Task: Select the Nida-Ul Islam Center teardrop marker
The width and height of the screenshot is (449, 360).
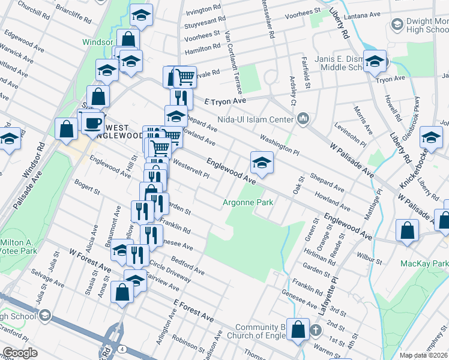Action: click(303, 119)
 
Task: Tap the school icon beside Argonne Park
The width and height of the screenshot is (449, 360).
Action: click(261, 163)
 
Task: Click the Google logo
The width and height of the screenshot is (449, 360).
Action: click(20, 353)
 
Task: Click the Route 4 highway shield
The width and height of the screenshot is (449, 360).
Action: click(122, 349)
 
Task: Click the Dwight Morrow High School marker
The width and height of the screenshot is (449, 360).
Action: click(396, 25)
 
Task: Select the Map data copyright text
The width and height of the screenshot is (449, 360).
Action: click(424, 355)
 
